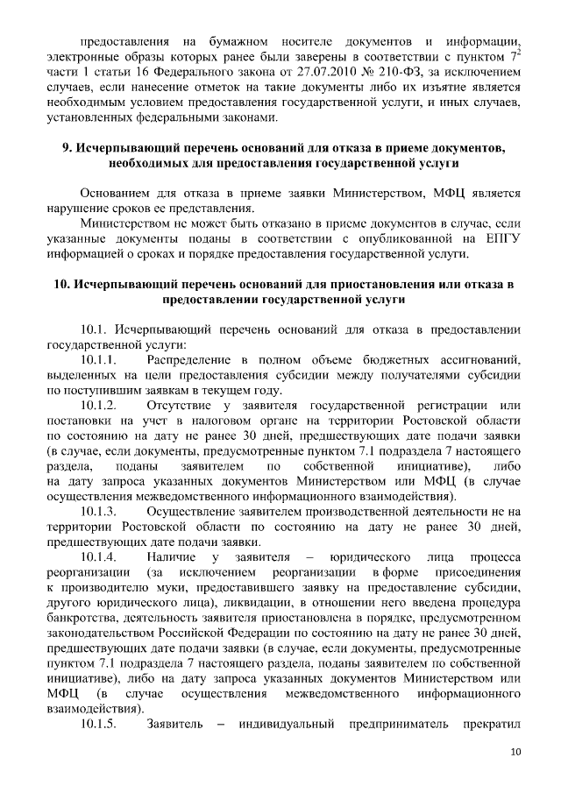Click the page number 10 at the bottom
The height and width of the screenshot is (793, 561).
(516, 752)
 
